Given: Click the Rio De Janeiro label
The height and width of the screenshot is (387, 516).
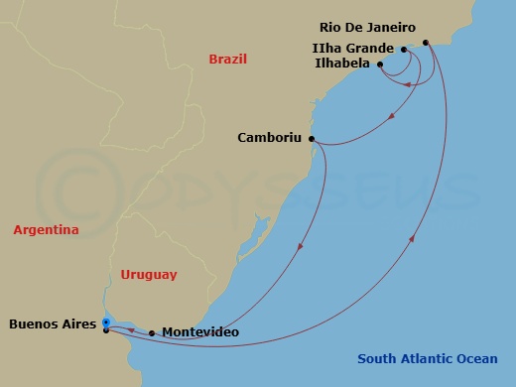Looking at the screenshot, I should pos(367,28).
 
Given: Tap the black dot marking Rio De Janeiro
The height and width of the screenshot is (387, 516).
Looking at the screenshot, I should pos(426,43).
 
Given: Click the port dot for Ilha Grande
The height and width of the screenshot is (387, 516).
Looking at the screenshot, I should pos(404,49).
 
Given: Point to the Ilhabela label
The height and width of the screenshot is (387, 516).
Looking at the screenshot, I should pos(338,64).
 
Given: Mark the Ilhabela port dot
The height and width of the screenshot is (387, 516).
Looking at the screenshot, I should pos(380,64).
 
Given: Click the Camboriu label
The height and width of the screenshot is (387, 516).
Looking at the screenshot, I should pos(270,138).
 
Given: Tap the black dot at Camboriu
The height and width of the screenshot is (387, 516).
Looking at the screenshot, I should pos(312,139).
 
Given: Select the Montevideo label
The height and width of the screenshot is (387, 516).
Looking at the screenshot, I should pos(199,332).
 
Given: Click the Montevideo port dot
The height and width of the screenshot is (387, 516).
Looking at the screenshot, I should pos(152,333).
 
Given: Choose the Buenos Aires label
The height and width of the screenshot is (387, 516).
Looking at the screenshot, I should pos(52,323).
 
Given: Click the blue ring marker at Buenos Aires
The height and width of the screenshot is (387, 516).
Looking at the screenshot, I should pos(105,322).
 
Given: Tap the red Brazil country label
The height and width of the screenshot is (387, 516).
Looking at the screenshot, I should pos(227,60).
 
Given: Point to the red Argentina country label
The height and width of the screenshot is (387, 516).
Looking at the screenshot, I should pos(46,230).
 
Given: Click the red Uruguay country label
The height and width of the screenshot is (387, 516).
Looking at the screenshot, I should pos(148,274).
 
